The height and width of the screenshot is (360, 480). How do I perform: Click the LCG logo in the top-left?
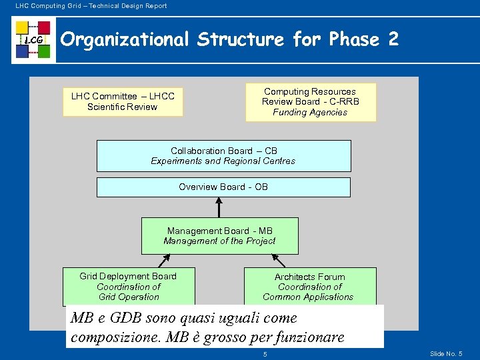33,40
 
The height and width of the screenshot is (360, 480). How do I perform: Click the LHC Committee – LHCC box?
123,102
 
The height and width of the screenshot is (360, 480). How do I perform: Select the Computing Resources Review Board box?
311,102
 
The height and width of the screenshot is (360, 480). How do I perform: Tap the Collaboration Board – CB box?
223,156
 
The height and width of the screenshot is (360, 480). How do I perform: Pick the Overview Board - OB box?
223,187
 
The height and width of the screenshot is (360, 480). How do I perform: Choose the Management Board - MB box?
219,236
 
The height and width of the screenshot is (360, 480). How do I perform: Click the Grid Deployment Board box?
129,286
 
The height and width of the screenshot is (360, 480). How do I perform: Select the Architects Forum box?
310,287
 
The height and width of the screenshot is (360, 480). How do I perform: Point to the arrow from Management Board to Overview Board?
219,207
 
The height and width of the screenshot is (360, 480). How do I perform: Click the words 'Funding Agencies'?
310,113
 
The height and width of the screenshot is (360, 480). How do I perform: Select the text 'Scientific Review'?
123,107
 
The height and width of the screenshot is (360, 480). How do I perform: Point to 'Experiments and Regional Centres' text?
223,161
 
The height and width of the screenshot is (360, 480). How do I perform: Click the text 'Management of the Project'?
219,241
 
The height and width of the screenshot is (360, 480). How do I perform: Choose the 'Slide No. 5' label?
446,353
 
